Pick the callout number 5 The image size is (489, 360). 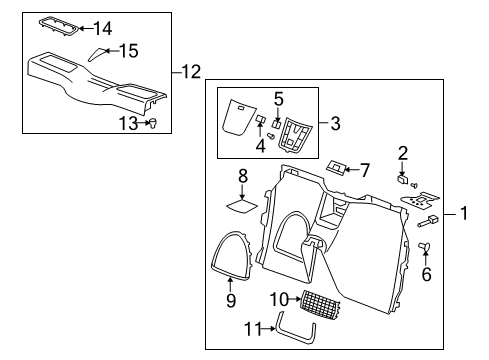pyautogui.click(x=279, y=98)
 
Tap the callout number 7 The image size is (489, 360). pyautogui.click(x=365, y=169)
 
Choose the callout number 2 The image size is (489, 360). pyautogui.click(x=402, y=153)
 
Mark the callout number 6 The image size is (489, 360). pyautogui.click(x=427, y=273)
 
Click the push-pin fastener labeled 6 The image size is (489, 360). pyautogui.click(x=426, y=246)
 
